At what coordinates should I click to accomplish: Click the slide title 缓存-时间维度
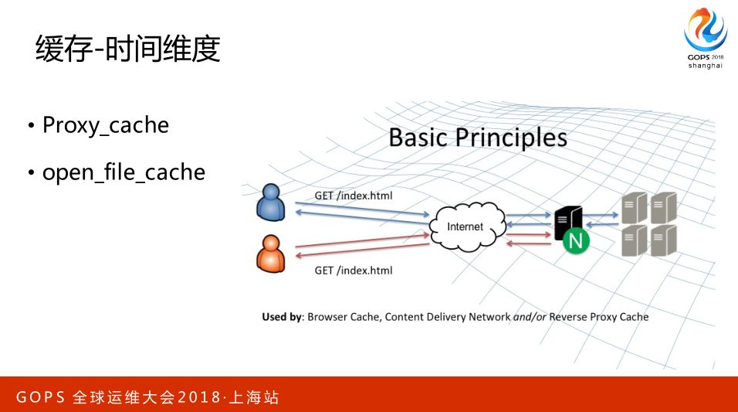(x=128, y=49)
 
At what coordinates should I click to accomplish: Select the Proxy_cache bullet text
(x=105, y=125)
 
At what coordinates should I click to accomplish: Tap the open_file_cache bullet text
(x=124, y=172)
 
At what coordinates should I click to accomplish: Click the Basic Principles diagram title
(x=478, y=138)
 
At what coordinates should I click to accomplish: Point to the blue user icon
(x=270, y=202)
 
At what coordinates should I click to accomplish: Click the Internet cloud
(x=465, y=226)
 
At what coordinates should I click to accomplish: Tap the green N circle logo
(x=574, y=241)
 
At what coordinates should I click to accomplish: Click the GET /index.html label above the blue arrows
(x=354, y=196)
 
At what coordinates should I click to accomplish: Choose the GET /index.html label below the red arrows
(x=354, y=271)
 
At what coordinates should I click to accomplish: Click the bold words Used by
(x=282, y=317)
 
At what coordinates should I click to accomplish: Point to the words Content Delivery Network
(x=448, y=317)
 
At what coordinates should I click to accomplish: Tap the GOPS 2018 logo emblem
(x=705, y=31)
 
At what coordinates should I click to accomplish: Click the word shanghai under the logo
(x=706, y=66)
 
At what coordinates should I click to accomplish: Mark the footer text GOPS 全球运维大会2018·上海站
(x=147, y=398)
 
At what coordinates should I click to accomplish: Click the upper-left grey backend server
(x=633, y=208)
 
